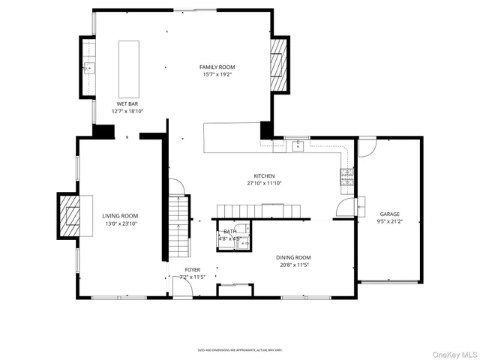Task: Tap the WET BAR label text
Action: click(127, 103)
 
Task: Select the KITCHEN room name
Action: click(264, 175)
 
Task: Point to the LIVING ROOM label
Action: click(120, 216)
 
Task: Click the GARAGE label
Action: click(389, 214)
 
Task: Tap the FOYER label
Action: click(193, 269)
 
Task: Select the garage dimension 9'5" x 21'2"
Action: click(389, 221)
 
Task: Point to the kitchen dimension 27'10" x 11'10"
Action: click(264, 183)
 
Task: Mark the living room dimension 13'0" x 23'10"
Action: click(120, 223)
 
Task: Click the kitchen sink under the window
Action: click(297, 144)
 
